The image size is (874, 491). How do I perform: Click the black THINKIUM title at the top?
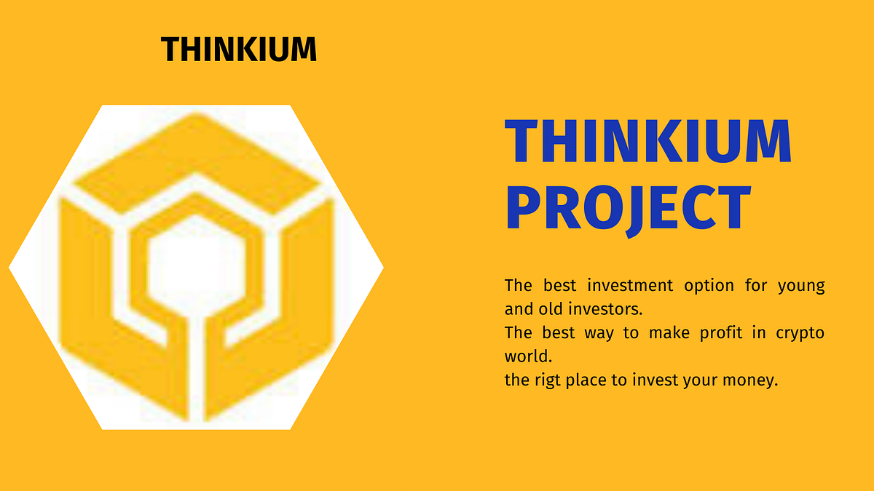pos(239,49)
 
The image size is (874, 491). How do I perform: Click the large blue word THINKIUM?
pos(647,143)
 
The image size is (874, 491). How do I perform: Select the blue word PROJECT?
pos(628,207)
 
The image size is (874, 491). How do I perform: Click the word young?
pos(801,285)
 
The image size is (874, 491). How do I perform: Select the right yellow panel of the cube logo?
pos(306,291)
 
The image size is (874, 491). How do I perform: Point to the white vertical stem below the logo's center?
pos(196,364)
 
